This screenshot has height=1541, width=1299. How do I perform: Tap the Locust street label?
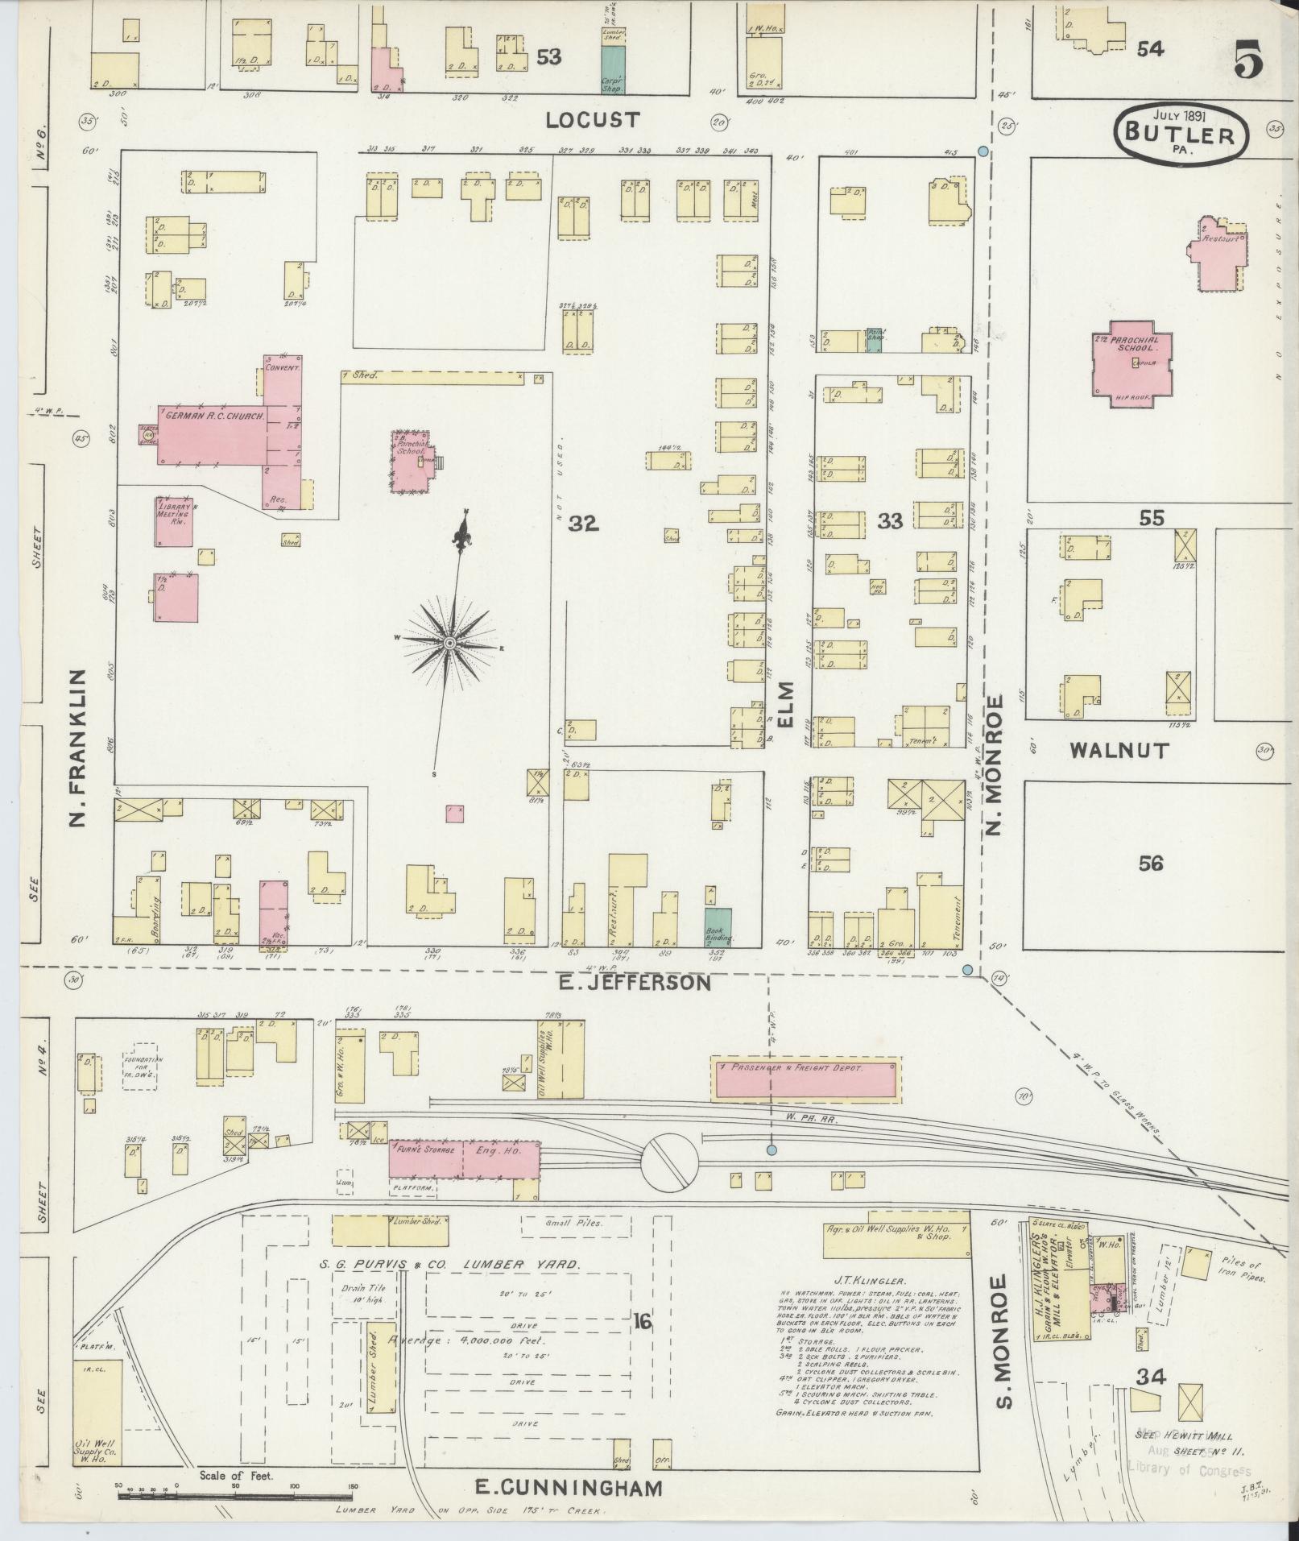point(593,120)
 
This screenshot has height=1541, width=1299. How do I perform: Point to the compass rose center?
point(449,642)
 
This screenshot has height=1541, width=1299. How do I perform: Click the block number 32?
point(583,524)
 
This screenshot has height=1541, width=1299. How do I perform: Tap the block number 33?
point(890,522)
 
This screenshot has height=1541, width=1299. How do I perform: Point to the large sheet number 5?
point(1247,62)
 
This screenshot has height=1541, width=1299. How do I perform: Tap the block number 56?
point(1151,864)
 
